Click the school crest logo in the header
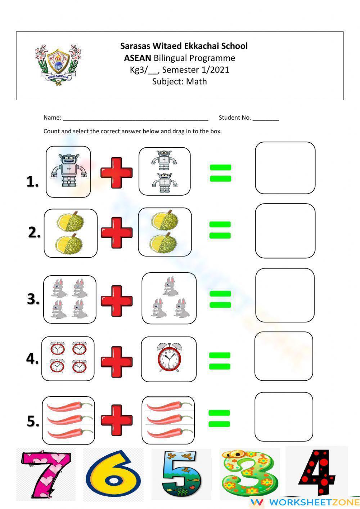coord(58,65)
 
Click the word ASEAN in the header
coord(138,58)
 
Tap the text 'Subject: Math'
coord(179,81)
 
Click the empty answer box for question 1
coord(285,168)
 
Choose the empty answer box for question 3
coord(285,295)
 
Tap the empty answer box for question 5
coord(284,416)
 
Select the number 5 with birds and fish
coord(181,474)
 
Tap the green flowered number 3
coord(249,474)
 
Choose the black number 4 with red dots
coord(317,472)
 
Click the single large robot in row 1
coord(68,171)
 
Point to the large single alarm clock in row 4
coord(169,358)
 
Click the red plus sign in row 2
coord(116,232)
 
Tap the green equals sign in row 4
coord(220,361)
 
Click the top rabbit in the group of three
coord(170,286)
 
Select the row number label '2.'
coord(34,233)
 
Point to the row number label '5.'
coord(33,421)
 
